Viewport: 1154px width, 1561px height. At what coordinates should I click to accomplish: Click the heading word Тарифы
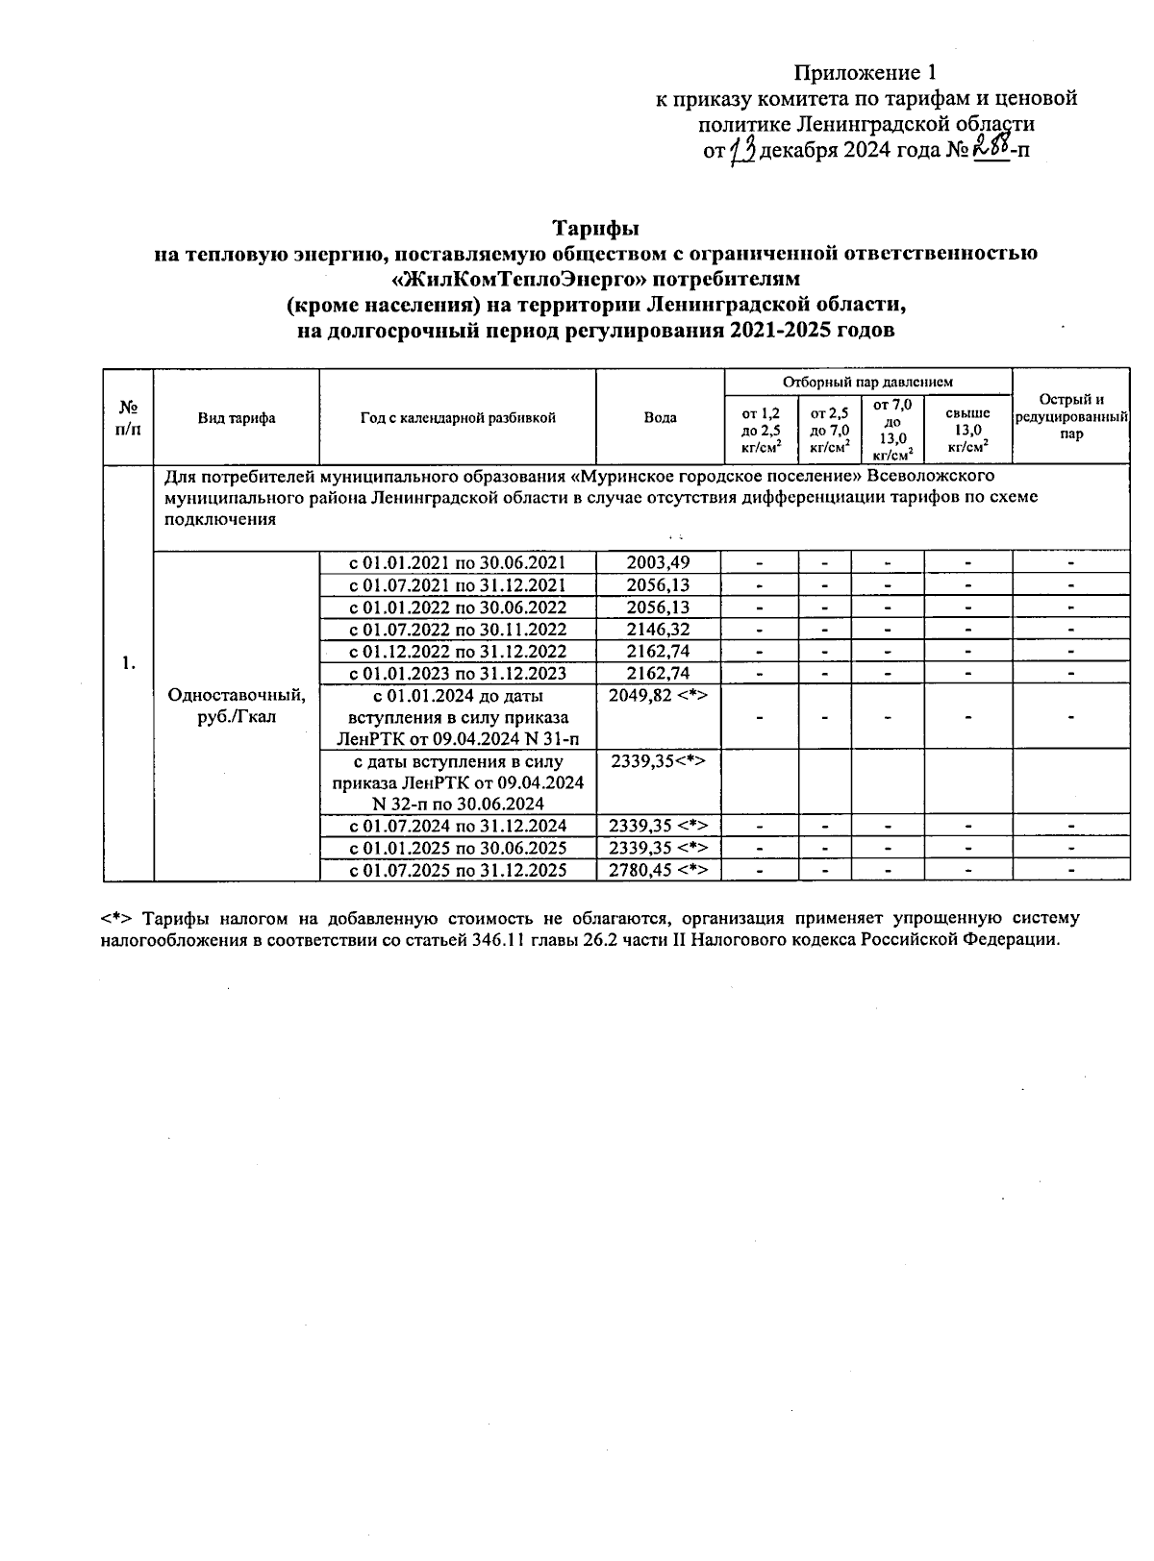[595, 229]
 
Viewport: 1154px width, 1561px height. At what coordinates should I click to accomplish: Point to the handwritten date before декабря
[742, 150]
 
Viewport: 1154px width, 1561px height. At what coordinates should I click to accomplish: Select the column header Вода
[660, 417]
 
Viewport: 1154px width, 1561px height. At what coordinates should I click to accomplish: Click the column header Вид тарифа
[237, 418]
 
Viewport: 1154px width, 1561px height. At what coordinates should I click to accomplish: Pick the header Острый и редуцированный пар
[1070, 417]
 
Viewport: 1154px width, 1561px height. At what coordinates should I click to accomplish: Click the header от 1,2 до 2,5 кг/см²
[761, 430]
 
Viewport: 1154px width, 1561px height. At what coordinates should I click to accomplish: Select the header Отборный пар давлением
[867, 382]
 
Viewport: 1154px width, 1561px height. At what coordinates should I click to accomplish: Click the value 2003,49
[659, 563]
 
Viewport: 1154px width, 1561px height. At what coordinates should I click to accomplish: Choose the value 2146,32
[659, 630]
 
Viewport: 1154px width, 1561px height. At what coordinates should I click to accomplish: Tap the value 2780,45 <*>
[659, 870]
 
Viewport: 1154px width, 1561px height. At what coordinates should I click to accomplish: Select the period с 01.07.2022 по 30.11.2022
[458, 630]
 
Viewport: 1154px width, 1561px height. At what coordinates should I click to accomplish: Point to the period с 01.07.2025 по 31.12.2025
[458, 870]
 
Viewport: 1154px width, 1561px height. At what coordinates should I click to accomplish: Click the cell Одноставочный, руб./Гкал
[237, 706]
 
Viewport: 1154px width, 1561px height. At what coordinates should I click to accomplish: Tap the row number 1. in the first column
[128, 663]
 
